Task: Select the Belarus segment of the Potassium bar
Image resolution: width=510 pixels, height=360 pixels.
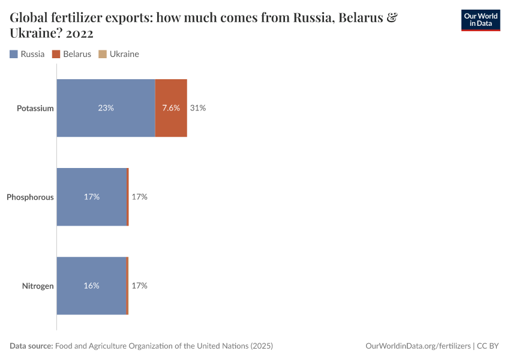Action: pos(171,123)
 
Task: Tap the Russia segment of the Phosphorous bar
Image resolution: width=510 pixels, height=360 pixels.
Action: pos(92,210)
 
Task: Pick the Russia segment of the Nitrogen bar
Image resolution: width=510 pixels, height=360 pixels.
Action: pos(91,300)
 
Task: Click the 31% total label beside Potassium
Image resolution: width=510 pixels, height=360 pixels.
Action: pos(198,108)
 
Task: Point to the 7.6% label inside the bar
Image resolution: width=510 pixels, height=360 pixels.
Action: pos(171,108)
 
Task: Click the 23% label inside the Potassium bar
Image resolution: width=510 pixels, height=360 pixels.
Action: pos(106,108)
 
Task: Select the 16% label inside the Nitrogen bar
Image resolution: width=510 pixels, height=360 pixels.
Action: pos(91,286)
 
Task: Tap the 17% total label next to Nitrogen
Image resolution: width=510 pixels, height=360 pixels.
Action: pos(139,286)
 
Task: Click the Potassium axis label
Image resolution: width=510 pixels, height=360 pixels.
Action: pos(35,109)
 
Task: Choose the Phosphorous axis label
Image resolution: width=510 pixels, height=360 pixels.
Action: pos(30,197)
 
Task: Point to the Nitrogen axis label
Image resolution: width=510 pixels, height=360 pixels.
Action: pos(38,286)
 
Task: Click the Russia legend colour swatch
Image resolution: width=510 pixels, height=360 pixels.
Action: pos(14,54)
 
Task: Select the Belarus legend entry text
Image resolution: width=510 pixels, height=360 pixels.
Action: pos(77,54)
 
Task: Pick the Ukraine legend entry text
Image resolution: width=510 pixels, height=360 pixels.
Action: pos(124,54)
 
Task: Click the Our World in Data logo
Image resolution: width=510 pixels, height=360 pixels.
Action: pos(480,20)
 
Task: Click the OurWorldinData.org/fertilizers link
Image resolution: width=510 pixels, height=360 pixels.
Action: pos(418,346)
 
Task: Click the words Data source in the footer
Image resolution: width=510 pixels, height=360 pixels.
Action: pos(31,346)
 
